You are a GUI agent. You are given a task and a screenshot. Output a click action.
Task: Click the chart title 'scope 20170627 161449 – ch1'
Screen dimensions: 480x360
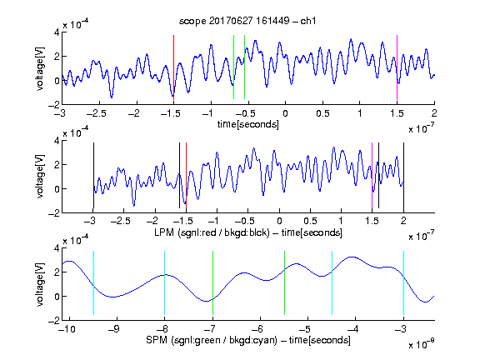[x=247, y=21]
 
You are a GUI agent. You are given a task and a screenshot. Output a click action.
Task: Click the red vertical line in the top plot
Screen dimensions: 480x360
[x=173, y=67]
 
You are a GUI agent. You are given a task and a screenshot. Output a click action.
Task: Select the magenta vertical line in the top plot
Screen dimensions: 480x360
[x=397, y=67]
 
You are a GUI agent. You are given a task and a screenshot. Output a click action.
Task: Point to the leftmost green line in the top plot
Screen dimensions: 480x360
[x=233, y=67]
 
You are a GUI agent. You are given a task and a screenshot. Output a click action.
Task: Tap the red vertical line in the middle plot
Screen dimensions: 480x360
[x=186, y=175]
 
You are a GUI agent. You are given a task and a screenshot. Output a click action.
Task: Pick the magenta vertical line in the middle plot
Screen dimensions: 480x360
[x=372, y=175]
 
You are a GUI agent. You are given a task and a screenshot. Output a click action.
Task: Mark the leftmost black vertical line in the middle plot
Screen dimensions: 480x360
[x=93, y=175]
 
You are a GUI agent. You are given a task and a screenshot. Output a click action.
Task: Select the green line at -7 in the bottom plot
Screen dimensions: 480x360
[x=212, y=282]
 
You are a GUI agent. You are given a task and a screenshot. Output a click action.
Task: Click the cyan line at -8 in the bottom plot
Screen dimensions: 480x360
[x=165, y=282]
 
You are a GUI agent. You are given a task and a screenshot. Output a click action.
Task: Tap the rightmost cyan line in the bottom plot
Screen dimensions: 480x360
[x=403, y=282]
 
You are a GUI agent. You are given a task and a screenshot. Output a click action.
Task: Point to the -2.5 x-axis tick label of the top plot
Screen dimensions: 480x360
[x=97, y=113]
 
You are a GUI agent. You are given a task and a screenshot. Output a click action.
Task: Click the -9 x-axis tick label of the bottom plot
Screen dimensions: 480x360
[x=114, y=329]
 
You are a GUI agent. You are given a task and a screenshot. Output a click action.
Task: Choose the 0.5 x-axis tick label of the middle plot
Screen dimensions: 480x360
[x=310, y=221]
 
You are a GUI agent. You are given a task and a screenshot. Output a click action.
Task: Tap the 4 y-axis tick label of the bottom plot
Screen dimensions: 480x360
[x=57, y=248]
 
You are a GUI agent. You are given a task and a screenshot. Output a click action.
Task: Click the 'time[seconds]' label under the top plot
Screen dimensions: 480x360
[x=248, y=124]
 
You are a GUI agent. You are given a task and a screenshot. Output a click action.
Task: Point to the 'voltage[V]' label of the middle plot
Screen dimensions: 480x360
[x=40, y=177]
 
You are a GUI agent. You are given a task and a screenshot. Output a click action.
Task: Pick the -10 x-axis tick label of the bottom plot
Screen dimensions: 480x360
[x=68, y=329]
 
